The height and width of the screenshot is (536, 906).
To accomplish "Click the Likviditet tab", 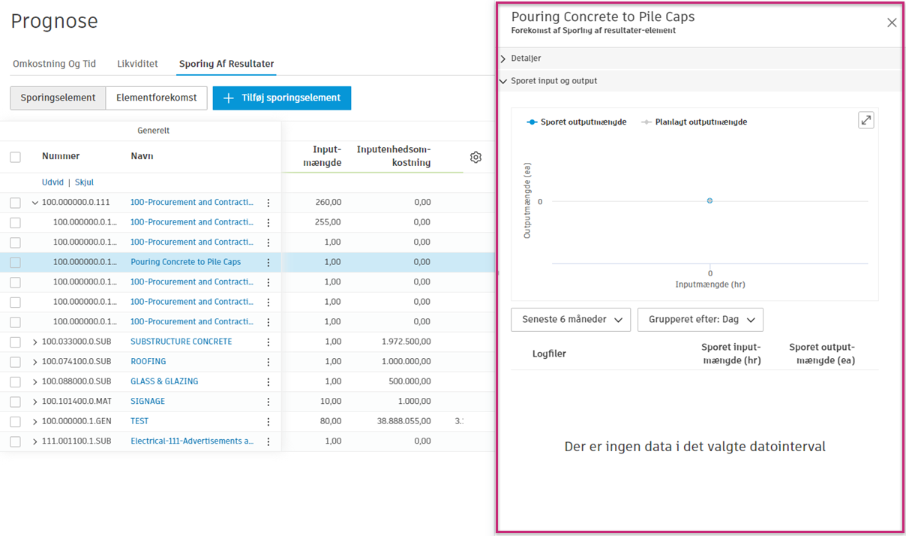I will coord(137,64).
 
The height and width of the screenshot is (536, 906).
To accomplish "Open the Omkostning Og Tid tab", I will coord(54,64).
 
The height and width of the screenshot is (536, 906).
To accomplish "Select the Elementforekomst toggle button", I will coord(156,98).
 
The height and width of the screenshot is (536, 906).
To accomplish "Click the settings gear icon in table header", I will coord(475,157).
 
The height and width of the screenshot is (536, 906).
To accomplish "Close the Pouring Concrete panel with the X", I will coord(892,23).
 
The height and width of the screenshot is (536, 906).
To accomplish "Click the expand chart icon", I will coord(865,120).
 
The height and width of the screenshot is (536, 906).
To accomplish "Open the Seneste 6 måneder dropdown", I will coord(571,319).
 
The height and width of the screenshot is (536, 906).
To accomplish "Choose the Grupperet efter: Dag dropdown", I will coord(700,319).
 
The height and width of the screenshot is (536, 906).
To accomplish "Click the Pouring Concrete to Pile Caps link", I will coord(185,262).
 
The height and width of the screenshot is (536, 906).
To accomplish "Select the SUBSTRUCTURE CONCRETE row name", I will coord(181,342).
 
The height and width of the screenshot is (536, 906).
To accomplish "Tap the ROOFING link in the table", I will coord(148,361).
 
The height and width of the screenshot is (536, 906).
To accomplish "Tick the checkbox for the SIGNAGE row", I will coord(15,402).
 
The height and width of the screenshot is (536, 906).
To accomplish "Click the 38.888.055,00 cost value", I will coord(405,421).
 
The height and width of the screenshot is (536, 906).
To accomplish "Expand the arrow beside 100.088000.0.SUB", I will coord(34,381).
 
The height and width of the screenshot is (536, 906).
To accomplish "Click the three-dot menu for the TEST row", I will coord(268,422).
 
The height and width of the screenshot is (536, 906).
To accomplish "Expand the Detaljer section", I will coord(526,58).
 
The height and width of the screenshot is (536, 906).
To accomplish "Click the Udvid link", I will coord(52,182).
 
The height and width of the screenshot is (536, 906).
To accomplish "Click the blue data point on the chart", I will coord(709,200).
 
